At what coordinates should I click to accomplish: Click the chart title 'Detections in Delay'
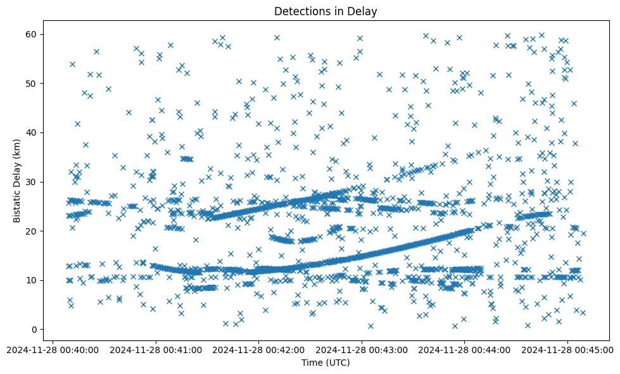326,11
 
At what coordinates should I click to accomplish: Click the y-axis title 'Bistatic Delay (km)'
18,179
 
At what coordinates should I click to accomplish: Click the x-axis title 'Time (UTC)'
326,363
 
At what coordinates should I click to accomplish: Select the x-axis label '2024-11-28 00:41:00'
156,349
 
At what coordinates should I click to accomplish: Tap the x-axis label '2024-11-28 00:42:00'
258,349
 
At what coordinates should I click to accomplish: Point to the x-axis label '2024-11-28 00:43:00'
362,349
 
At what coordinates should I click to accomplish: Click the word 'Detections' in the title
298,11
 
